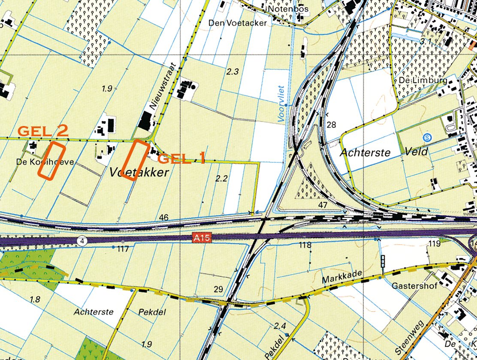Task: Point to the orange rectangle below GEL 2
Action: click(x=51, y=161)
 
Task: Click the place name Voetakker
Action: click(x=139, y=172)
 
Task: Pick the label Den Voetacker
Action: click(x=238, y=23)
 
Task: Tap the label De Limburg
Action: click(x=423, y=80)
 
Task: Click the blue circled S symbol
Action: click(x=426, y=138)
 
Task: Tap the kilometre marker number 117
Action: click(x=123, y=248)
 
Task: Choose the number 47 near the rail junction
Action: click(x=323, y=205)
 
